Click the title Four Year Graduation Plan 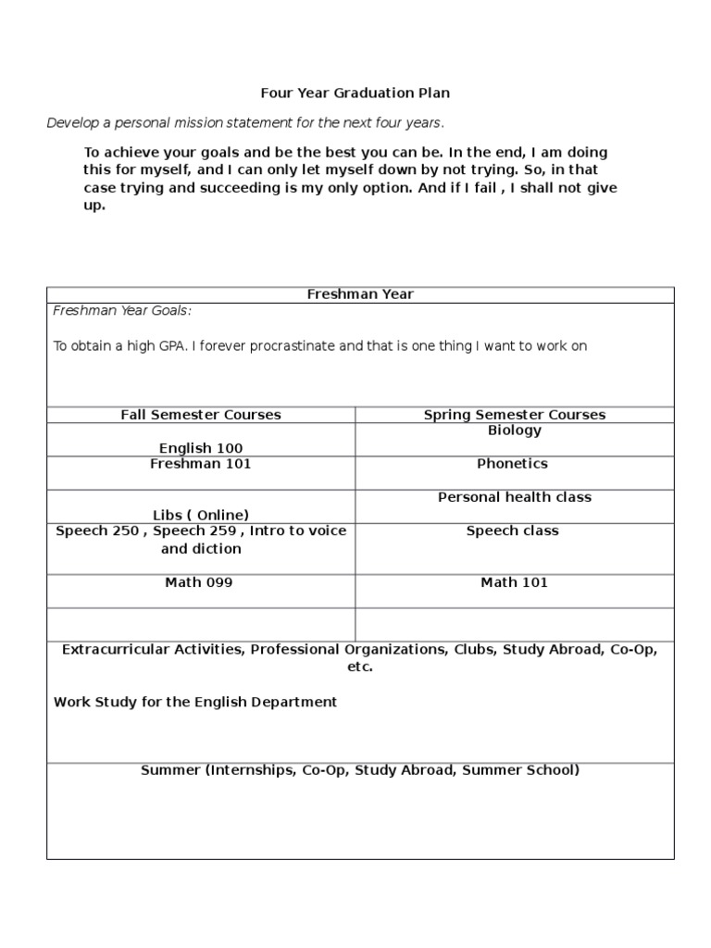(x=355, y=94)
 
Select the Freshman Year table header (x=360, y=294)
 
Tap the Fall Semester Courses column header (x=201, y=415)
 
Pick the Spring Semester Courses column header (x=515, y=415)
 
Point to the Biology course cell (x=515, y=430)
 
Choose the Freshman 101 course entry (x=201, y=464)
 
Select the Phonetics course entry (x=513, y=464)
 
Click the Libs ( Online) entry (x=201, y=515)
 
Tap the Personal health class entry (x=515, y=497)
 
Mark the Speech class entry (x=513, y=530)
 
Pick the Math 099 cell (x=199, y=582)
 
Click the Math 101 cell (x=515, y=582)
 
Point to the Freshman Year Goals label (x=122, y=311)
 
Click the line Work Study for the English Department (x=195, y=702)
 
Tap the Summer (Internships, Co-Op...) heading (x=360, y=769)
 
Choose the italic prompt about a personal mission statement (x=246, y=123)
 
